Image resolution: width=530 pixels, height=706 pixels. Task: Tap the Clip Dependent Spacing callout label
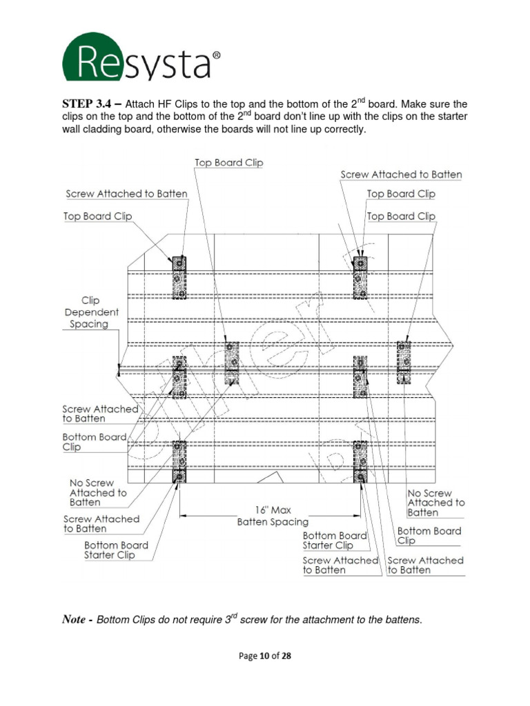pyautogui.click(x=91, y=312)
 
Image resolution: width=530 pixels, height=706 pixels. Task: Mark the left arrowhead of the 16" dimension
pyautogui.click(x=182, y=516)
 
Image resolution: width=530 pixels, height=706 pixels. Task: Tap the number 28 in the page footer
pyautogui.click(x=286, y=656)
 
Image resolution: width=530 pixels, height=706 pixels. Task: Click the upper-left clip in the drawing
pyautogui.click(x=179, y=277)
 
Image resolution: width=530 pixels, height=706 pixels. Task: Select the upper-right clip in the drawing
pyautogui.click(x=360, y=278)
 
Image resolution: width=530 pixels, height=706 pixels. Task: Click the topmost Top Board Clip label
pyautogui.click(x=229, y=163)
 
